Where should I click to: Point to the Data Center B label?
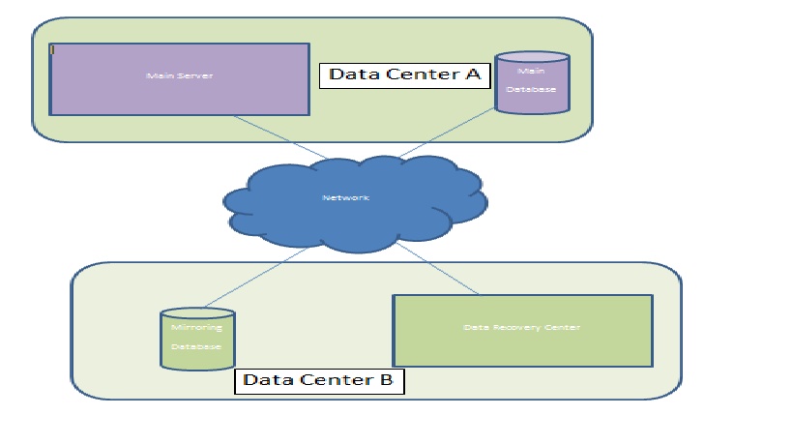coord(318,380)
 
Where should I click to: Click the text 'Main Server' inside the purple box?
coord(179,75)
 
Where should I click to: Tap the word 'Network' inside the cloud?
coord(345,198)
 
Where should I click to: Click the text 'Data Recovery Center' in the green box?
coord(521,328)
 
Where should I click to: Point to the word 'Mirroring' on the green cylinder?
coord(196,329)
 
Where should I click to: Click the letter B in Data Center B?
coord(385,380)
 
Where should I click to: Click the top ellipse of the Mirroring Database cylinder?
coord(197,314)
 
